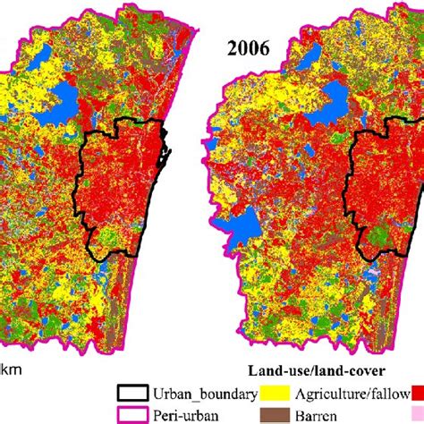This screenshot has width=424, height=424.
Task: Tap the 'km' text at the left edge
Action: click(x=10, y=368)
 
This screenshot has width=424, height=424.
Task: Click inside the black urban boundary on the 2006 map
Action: click(x=385, y=192)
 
